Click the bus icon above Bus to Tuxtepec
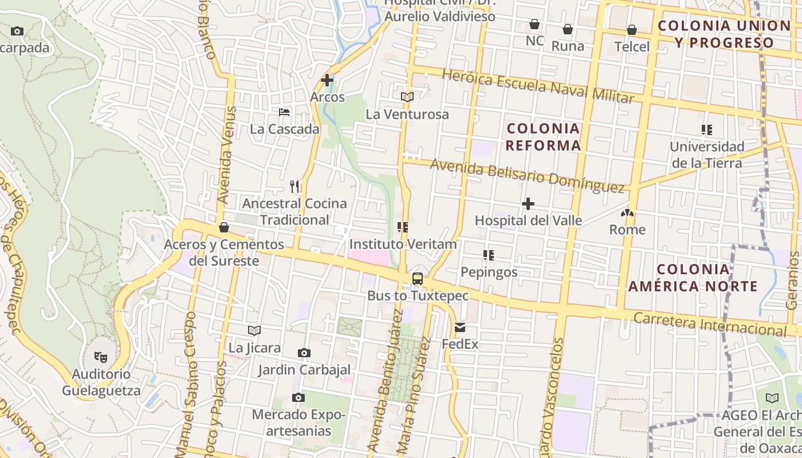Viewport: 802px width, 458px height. click(x=418, y=279)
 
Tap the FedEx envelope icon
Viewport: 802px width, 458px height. click(x=460, y=328)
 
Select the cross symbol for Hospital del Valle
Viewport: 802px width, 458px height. click(x=528, y=204)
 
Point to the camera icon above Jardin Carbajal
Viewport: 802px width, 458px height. click(x=304, y=353)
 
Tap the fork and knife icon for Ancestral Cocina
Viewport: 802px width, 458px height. click(x=294, y=186)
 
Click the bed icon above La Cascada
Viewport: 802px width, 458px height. click(x=284, y=112)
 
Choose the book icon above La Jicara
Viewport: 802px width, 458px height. click(x=254, y=330)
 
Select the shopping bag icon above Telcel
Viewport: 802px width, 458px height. click(x=632, y=30)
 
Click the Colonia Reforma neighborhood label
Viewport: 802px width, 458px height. click(x=543, y=137)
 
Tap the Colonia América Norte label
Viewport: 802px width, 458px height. click(x=693, y=278)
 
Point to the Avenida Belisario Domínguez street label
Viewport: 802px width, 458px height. click(x=527, y=175)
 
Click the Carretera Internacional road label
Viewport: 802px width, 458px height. click(x=710, y=324)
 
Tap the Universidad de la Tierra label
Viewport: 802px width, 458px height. click(x=707, y=155)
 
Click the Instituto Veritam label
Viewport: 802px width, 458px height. click(x=403, y=244)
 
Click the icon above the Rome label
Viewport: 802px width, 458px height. click(x=627, y=213)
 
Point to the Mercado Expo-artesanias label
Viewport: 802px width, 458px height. click(x=298, y=422)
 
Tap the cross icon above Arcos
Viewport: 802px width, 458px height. click(x=327, y=80)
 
